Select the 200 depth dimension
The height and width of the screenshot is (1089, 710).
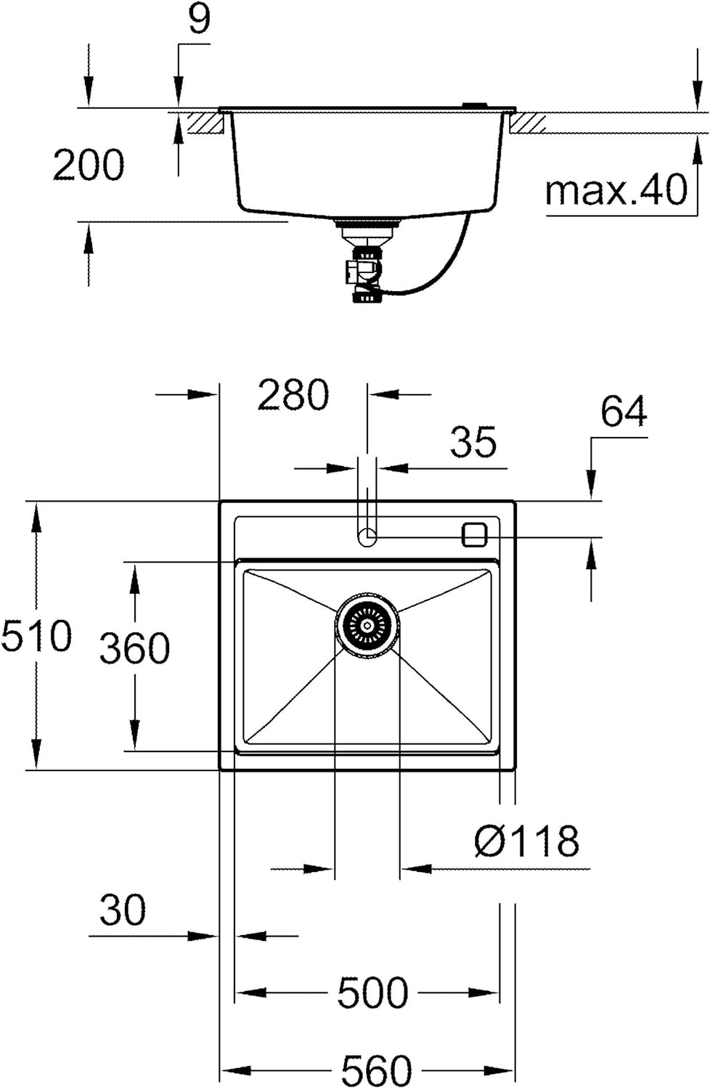click(x=89, y=166)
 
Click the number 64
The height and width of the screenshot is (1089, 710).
click(x=624, y=411)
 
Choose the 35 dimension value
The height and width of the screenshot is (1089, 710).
click(x=473, y=441)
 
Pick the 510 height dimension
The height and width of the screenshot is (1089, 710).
click(x=36, y=635)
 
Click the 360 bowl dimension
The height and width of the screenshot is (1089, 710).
click(x=135, y=648)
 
